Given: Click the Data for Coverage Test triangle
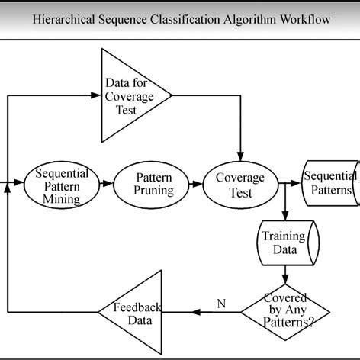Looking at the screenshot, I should [x=129, y=95].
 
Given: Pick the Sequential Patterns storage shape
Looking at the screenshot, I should [x=329, y=184].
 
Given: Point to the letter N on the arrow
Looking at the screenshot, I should [x=221, y=304].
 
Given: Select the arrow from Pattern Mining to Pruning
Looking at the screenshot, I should [x=107, y=185].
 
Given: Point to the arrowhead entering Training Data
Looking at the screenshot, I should [x=285, y=216].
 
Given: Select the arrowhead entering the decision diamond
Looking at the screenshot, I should [x=285, y=279].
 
